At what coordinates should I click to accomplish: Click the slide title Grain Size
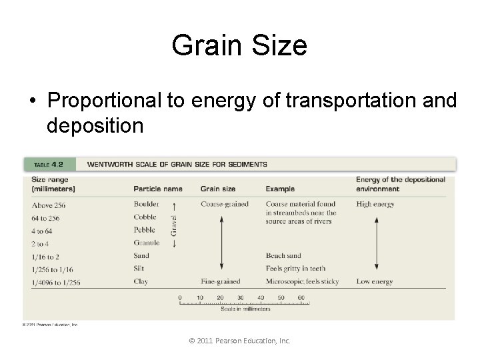239,46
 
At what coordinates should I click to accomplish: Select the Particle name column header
158,189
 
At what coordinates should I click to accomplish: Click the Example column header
280,189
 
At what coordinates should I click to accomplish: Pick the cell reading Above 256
49,205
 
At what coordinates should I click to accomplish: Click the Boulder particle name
146,205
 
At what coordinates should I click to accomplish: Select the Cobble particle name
145,217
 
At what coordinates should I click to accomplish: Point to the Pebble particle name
144,230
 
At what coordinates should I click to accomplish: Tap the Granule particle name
146,243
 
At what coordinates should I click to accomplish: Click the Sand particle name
141,256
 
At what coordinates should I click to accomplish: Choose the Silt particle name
139,269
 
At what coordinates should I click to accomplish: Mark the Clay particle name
141,281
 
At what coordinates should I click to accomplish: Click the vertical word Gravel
174,224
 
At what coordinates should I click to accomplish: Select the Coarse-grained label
225,205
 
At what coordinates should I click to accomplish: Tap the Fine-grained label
221,281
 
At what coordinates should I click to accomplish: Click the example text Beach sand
284,256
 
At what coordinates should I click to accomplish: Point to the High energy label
375,205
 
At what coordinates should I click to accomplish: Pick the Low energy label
374,281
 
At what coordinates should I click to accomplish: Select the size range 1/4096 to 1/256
56,282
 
